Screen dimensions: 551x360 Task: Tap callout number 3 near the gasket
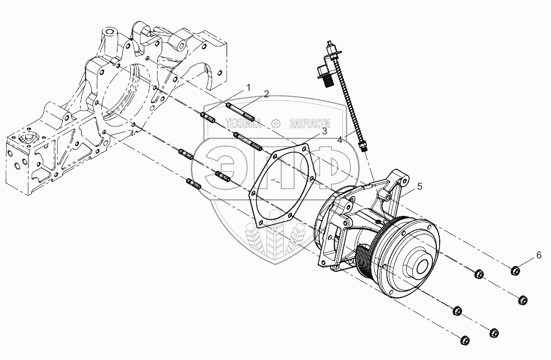pos(323,131)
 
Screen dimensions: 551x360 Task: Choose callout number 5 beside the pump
pos(420,187)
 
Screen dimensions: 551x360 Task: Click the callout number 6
pos(539,255)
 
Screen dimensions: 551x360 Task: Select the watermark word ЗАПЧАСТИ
pos(308,124)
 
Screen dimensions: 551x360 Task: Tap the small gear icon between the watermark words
pos(275,124)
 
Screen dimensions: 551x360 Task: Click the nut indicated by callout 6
pos(516,272)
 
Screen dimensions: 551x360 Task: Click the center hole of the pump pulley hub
pos(421,268)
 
